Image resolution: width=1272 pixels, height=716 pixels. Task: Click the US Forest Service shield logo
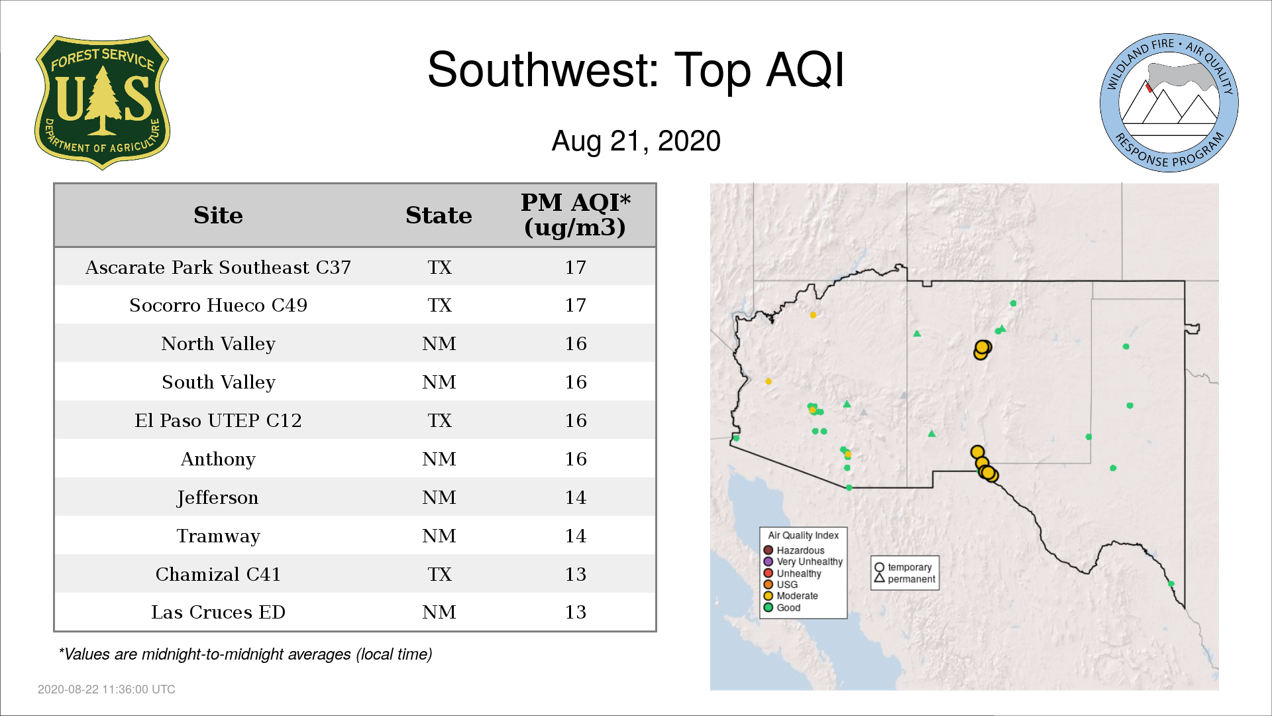102,103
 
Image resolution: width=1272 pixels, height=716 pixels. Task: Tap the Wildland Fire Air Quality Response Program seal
1169,103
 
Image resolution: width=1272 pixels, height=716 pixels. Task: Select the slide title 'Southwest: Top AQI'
636,70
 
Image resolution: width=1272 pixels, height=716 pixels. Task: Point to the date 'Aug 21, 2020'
636,141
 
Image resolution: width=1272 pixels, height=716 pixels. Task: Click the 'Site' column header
218,215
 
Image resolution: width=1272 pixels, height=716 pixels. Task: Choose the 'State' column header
439,215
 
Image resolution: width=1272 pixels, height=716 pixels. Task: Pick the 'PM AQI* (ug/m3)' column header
575,215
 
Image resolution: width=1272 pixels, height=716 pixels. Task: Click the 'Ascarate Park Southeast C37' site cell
218,267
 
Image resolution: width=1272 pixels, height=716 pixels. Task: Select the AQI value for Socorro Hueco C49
575,305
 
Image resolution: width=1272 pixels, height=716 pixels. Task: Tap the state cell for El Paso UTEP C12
439,420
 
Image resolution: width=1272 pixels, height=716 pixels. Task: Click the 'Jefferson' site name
217,498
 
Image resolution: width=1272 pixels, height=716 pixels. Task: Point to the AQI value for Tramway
575,536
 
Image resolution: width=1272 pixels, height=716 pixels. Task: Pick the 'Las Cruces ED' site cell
218,612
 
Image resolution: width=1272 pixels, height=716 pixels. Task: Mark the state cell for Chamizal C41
439,574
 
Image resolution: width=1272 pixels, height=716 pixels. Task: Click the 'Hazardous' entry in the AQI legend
794,550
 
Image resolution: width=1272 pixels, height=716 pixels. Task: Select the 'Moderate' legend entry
791,595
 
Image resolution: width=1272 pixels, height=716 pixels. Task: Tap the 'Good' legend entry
782,607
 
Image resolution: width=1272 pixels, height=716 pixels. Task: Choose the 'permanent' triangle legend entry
905,579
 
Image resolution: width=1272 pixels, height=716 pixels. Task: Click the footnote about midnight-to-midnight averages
245,654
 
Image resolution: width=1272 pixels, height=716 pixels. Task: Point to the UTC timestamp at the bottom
107,689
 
